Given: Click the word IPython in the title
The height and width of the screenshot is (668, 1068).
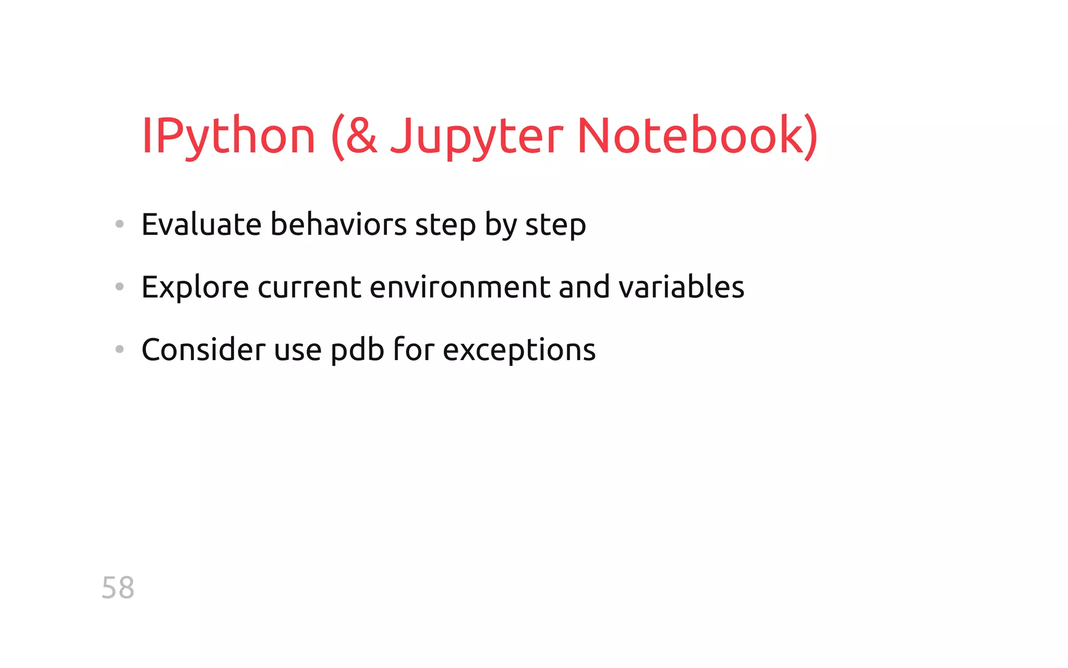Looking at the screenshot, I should click(228, 137).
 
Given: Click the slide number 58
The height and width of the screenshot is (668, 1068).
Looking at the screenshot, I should click(118, 588).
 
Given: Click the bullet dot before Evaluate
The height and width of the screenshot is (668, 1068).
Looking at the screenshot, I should click(119, 224).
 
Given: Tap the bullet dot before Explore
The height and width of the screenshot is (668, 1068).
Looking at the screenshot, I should click(119, 287).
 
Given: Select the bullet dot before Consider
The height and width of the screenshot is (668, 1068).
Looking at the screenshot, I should click(119, 349).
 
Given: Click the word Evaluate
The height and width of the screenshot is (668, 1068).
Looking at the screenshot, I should click(201, 224).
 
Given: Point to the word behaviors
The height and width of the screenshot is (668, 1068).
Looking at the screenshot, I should click(338, 224).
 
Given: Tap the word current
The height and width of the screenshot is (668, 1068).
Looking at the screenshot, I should click(309, 287).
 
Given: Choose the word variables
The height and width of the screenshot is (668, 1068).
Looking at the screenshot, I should click(681, 287).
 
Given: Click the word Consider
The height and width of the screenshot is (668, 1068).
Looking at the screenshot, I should click(203, 349).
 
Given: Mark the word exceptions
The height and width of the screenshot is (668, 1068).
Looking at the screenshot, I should click(519, 350).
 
